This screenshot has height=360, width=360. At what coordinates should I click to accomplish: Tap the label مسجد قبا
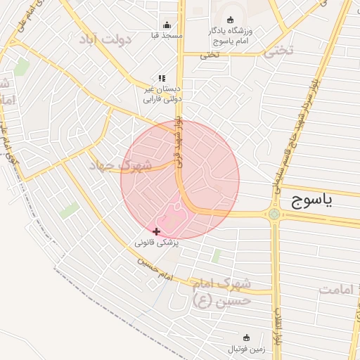point(167,34)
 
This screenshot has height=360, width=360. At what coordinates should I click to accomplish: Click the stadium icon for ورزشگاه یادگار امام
point(230,20)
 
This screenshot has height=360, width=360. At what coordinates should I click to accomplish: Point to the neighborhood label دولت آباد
point(106,38)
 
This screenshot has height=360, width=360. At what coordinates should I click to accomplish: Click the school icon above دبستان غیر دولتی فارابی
point(162,79)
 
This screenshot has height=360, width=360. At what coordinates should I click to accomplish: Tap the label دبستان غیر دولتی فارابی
point(158,94)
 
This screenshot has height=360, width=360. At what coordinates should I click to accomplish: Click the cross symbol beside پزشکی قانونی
point(156,231)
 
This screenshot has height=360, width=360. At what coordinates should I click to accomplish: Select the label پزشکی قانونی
point(157,242)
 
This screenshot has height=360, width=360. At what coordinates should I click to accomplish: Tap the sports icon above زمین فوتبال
point(245,338)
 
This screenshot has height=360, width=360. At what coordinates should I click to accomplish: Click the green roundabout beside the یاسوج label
point(274,214)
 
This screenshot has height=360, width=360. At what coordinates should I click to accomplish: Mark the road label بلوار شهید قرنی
point(179,138)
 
